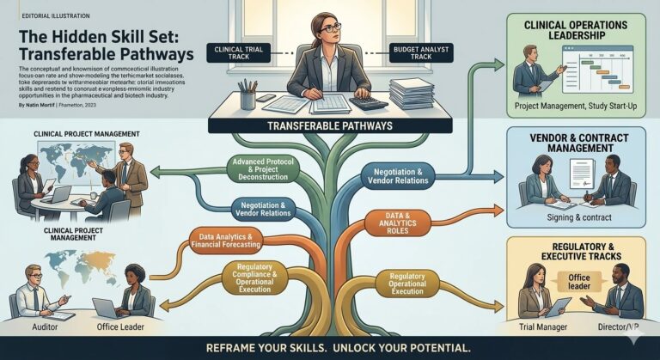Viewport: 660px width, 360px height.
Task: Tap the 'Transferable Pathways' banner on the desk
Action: (x=330, y=125)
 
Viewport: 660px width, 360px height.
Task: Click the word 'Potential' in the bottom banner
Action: (x=431, y=348)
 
